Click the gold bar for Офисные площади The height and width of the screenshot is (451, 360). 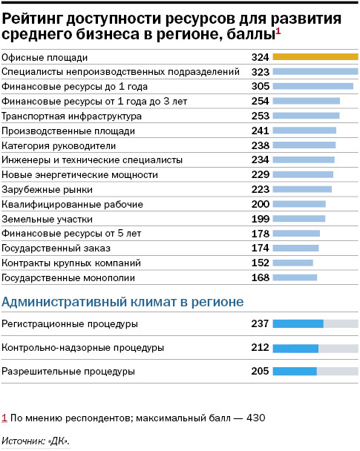click(315, 57)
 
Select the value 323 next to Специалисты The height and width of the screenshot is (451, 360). click(260, 72)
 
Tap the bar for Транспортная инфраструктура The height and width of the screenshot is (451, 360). click(306, 116)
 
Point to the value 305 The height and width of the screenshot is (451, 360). click(260, 86)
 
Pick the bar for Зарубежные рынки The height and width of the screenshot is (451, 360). click(302, 189)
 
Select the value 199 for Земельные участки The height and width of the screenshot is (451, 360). click(260, 219)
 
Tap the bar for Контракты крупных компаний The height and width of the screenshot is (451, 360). click(293, 263)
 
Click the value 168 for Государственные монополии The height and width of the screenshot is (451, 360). click(260, 277)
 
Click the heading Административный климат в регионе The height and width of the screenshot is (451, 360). click(123, 302)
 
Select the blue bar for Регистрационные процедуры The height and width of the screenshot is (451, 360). click(298, 323)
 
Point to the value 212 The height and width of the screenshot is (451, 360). click(260, 347)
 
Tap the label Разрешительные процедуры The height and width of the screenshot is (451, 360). click(68, 371)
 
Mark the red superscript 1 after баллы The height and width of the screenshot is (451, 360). click(278, 30)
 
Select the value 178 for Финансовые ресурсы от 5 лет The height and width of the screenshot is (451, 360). click(260, 234)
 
